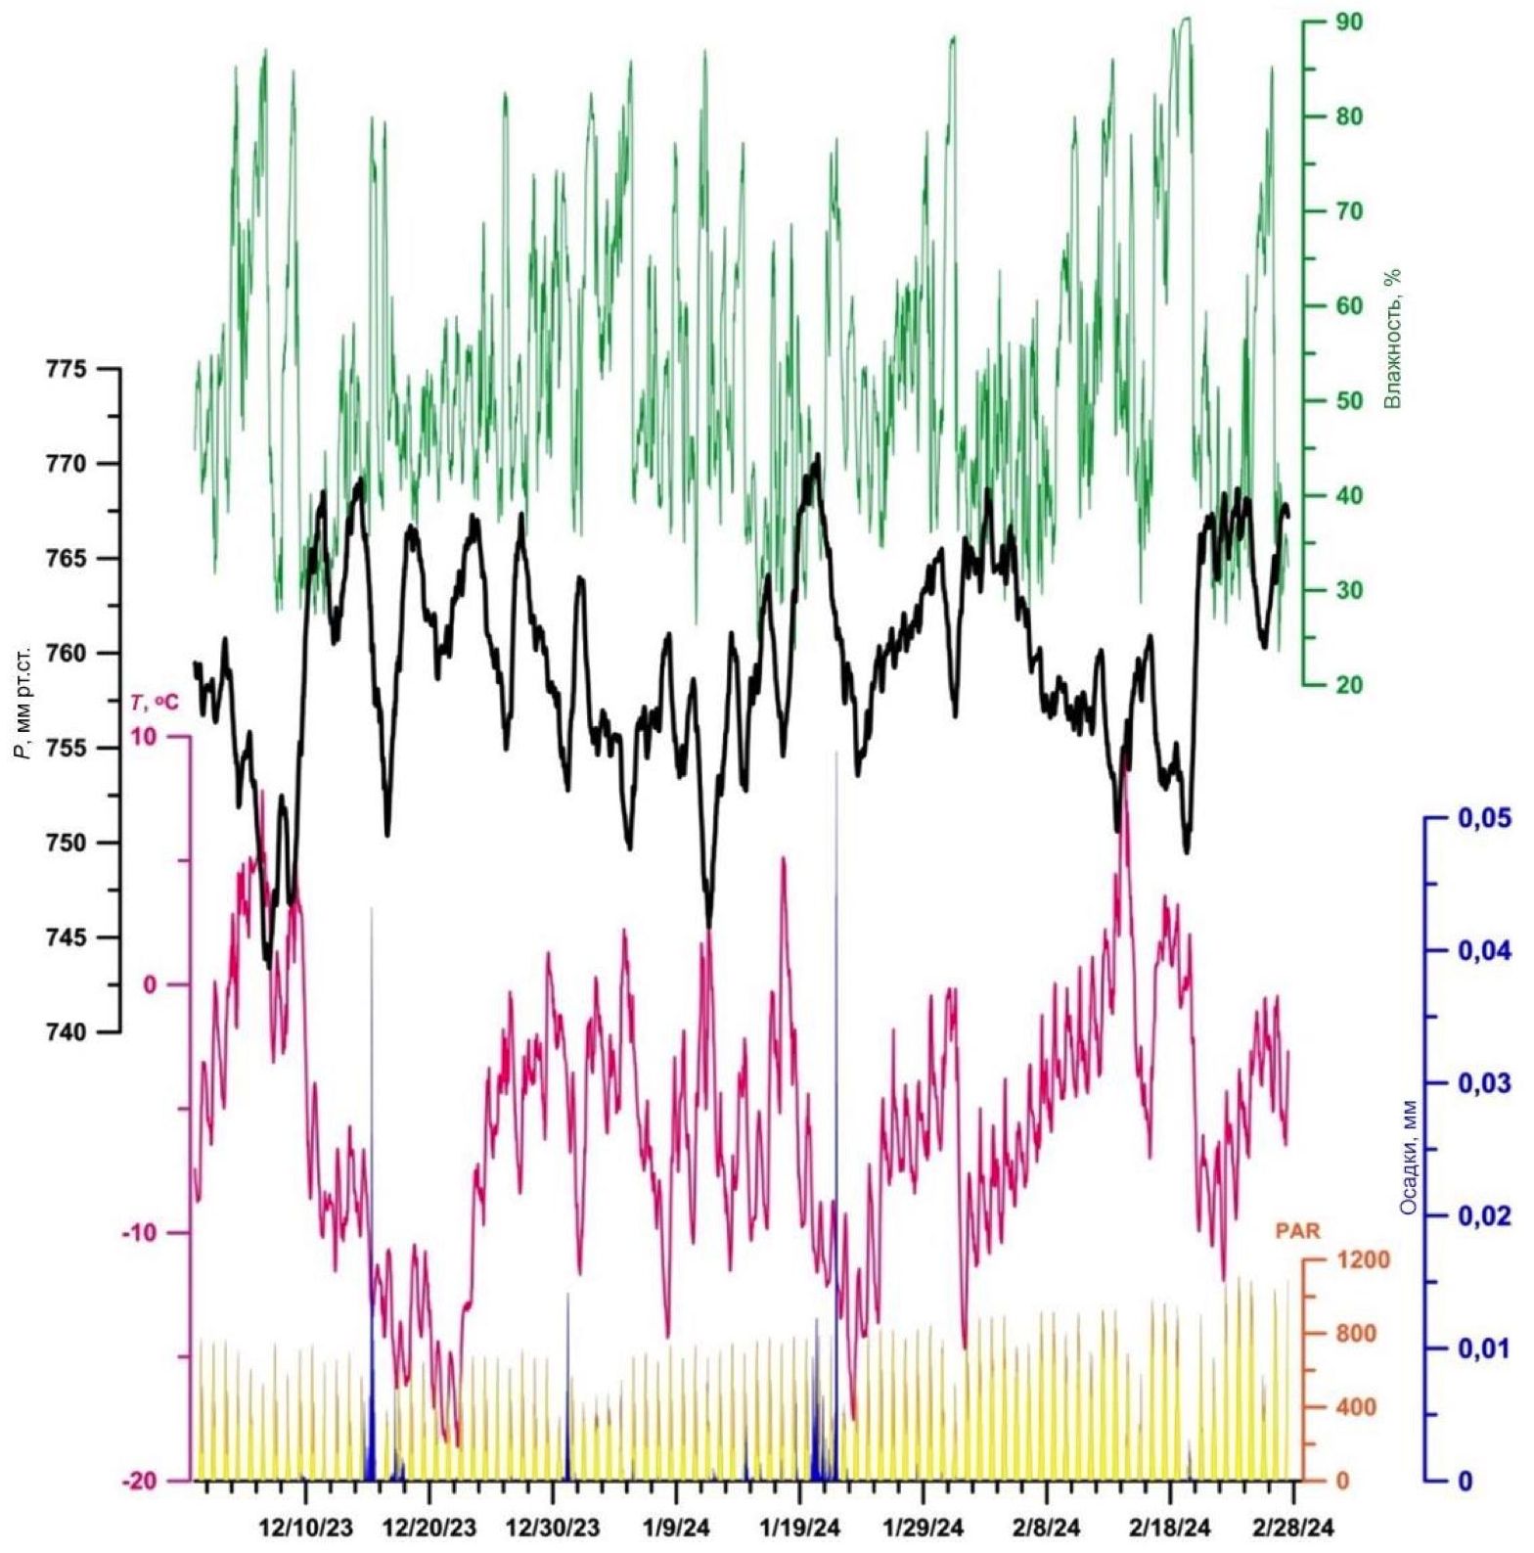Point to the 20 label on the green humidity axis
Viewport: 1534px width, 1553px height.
pos(1349,685)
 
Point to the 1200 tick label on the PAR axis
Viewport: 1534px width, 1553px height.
pos(1355,1259)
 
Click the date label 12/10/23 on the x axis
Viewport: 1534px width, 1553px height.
pos(306,1528)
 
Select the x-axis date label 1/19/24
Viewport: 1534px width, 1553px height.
pos(800,1528)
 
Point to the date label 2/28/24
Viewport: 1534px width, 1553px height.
pos(1294,1528)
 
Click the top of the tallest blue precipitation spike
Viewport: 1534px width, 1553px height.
pos(836,753)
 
